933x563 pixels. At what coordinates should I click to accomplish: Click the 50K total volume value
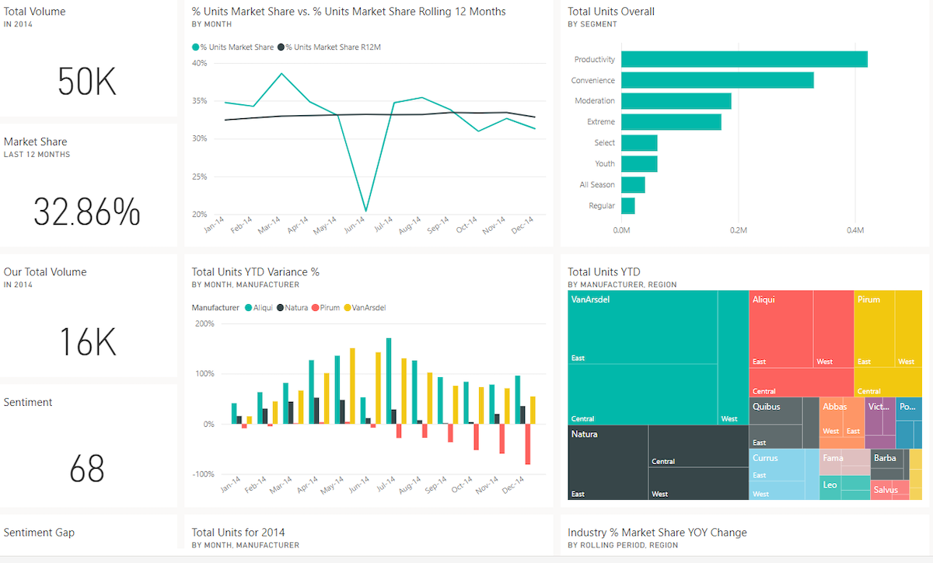pos(86,82)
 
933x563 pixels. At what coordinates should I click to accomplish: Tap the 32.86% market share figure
pos(86,212)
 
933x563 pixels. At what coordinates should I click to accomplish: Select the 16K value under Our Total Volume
pos(86,342)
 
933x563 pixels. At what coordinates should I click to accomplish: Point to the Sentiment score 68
pos(86,469)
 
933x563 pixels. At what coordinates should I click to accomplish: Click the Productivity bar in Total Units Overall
pos(743,59)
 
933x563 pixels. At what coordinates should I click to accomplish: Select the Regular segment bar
pos(627,206)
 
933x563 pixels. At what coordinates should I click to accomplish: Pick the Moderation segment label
pos(594,101)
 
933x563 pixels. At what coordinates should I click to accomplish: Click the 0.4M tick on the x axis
pos(854,231)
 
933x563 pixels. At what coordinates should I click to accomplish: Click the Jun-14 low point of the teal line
pos(365,210)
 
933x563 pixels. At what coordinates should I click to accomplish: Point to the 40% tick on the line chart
pos(199,63)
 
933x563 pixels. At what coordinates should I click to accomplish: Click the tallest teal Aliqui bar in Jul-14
pos(389,381)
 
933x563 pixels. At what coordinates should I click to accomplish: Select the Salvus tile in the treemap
pos(886,490)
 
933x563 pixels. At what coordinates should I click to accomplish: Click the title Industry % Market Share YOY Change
pos(657,533)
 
